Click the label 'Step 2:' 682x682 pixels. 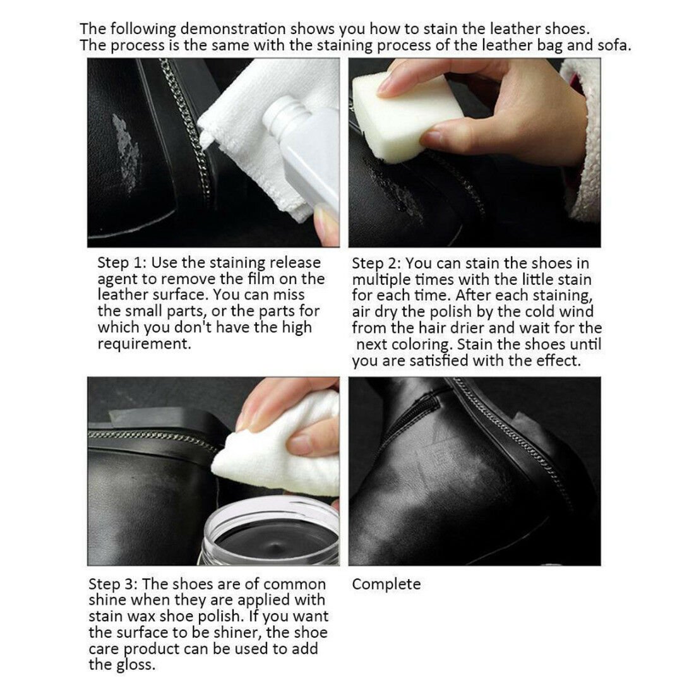point(376,263)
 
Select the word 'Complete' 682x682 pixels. point(386,584)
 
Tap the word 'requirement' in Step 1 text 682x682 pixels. point(143,344)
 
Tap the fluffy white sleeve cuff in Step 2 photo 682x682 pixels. point(584,145)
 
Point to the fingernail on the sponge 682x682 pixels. point(389,86)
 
